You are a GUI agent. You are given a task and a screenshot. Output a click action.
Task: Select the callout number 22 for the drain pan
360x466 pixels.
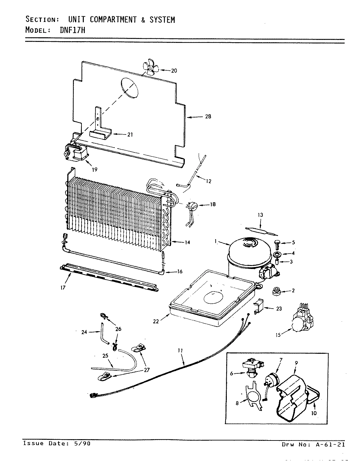[156, 321]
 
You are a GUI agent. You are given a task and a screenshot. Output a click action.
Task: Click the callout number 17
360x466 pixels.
[63, 288]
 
